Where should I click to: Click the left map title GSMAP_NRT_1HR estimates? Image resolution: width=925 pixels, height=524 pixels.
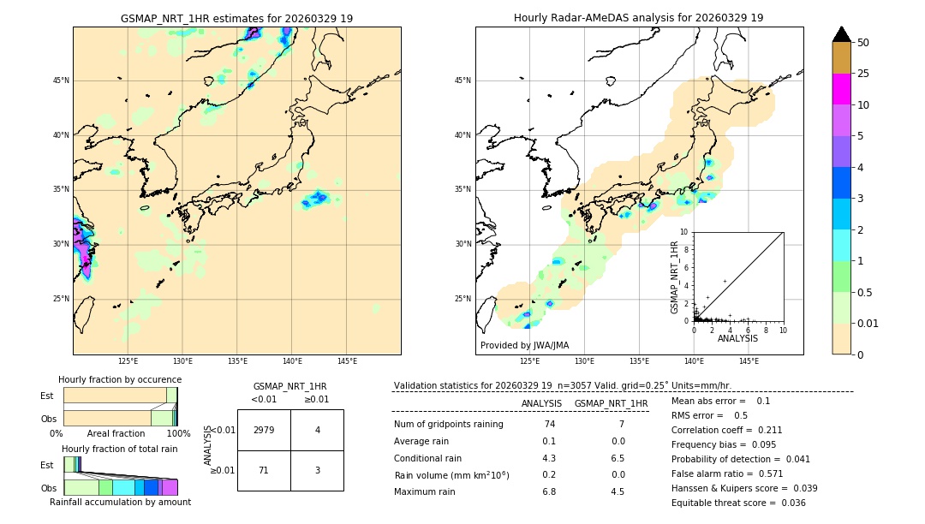click(x=236, y=18)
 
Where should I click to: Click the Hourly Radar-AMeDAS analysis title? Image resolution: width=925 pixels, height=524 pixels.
click(x=638, y=18)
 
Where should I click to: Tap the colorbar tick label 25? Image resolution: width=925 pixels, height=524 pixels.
click(x=863, y=74)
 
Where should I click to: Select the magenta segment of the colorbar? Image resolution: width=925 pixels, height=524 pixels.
click(x=841, y=89)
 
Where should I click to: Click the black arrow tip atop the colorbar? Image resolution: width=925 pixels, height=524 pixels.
click(x=841, y=33)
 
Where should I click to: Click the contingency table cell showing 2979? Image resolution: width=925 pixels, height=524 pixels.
click(x=264, y=430)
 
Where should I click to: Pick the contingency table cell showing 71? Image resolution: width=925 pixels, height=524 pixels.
click(x=264, y=471)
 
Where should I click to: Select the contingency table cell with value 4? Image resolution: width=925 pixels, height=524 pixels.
click(x=317, y=430)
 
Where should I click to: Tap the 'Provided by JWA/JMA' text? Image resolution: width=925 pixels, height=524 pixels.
click(x=524, y=346)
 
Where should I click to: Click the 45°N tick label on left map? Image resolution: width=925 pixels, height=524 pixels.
click(x=61, y=80)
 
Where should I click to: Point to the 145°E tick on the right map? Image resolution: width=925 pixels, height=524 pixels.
click(x=749, y=361)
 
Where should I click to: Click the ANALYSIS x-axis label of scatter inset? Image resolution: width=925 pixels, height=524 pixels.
click(x=737, y=338)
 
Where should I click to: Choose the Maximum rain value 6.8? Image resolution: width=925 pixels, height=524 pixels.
click(x=549, y=491)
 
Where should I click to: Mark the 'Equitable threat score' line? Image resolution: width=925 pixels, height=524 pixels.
click(x=738, y=503)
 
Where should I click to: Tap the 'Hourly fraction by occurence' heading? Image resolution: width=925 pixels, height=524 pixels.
click(x=120, y=379)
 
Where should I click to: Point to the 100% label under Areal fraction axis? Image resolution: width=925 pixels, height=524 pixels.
click(x=178, y=434)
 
